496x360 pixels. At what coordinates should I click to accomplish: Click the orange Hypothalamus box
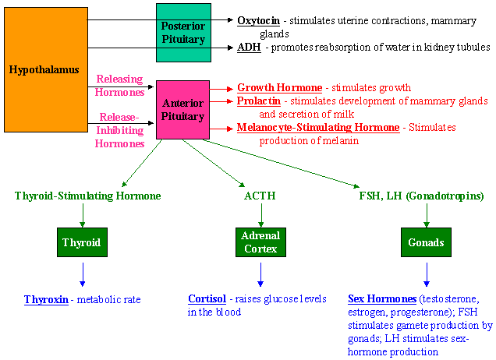(44, 70)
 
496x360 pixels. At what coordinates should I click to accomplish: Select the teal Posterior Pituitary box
(183, 33)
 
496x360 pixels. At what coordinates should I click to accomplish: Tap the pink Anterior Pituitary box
(183, 110)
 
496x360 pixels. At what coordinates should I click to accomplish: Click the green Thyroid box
(82, 242)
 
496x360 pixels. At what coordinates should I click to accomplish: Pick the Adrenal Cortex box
(260, 242)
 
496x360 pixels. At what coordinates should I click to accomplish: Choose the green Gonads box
(426, 242)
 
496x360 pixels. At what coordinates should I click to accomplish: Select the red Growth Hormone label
(279, 87)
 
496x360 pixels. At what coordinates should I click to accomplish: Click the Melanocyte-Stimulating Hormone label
(318, 127)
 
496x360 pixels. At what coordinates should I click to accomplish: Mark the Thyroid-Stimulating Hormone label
(87, 196)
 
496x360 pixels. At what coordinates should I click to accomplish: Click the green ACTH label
(260, 196)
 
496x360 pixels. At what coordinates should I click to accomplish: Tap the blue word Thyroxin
(46, 299)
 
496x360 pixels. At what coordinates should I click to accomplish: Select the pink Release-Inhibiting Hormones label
(121, 131)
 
